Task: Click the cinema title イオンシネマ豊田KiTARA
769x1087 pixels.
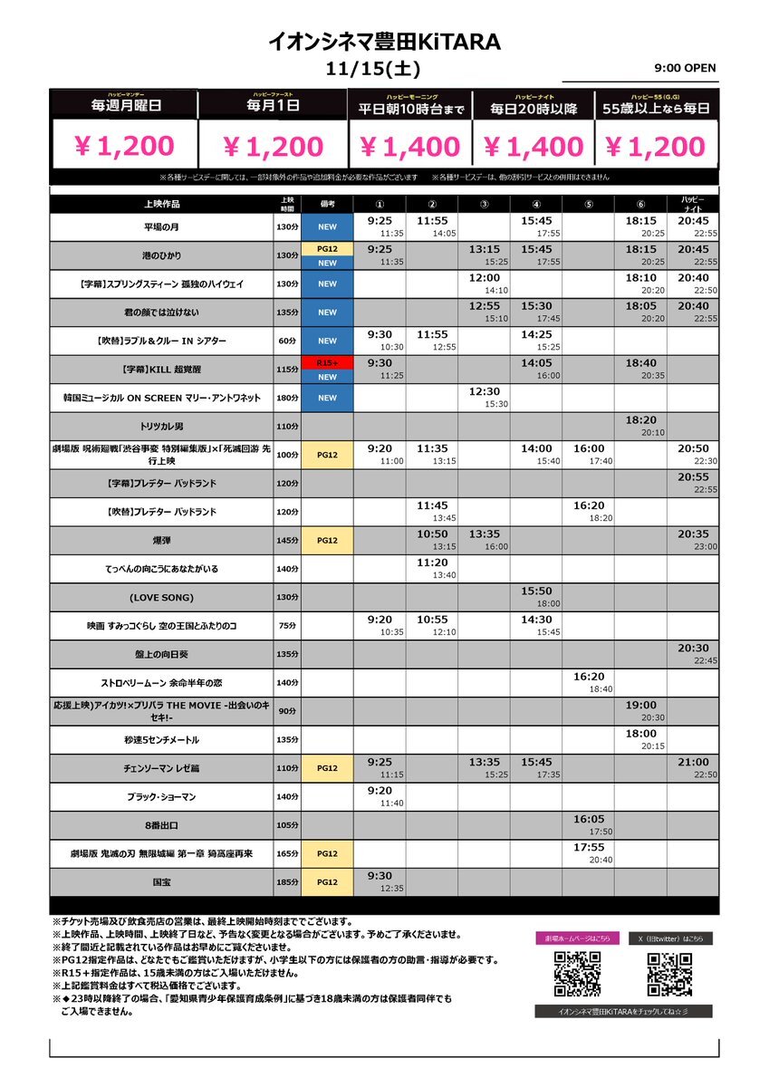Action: tap(384, 42)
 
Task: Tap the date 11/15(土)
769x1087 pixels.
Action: tap(384, 69)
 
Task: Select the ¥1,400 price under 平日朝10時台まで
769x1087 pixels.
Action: tap(409, 146)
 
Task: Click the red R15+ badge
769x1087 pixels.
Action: tap(327, 361)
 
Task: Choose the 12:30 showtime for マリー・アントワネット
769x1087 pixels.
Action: tap(485, 391)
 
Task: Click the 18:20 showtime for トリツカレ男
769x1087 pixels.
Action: tap(640, 420)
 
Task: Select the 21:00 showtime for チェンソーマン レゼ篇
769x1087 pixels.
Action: tap(693, 762)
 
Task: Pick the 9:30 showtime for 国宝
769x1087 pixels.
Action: tap(380, 875)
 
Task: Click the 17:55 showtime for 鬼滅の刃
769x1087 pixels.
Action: tap(589, 847)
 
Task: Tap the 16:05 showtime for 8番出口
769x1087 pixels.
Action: tap(589, 819)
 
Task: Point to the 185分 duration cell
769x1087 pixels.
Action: tap(287, 880)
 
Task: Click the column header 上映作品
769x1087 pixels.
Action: tap(161, 204)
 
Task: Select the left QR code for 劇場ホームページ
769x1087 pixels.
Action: tap(577, 974)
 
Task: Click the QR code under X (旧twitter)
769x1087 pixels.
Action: tap(670, 974)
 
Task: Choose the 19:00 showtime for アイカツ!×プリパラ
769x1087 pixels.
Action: tap(640, 705)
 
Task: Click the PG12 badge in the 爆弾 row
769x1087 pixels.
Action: tap(327, 540)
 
